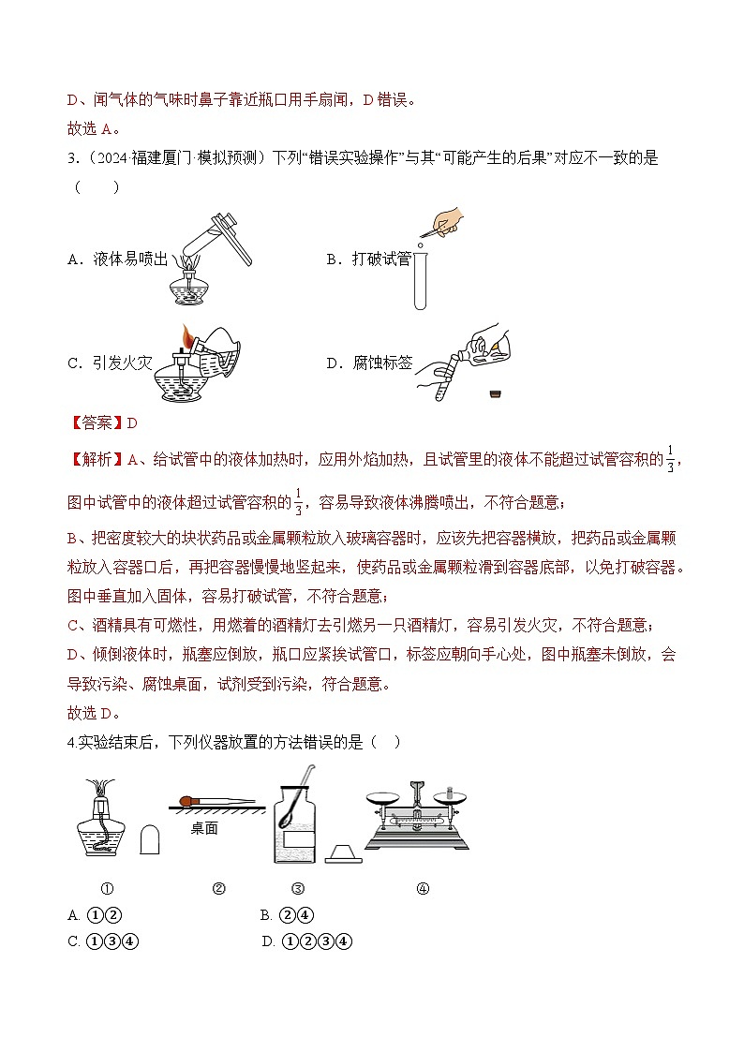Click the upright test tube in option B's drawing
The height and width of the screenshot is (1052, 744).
tap(421, 278)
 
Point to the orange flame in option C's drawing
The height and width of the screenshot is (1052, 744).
tap(188, 335)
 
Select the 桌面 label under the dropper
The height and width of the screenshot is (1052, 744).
tap(203, 828)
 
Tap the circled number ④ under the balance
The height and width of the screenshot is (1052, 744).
tap(422, 889)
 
